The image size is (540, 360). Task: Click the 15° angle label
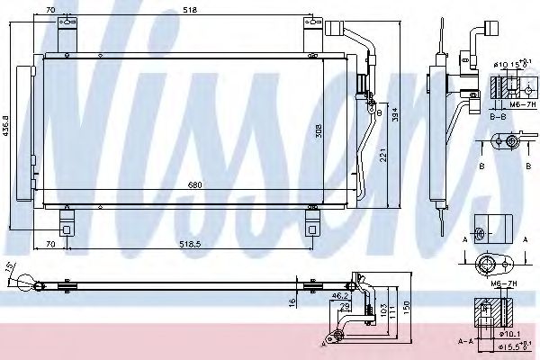(x=10, y=267)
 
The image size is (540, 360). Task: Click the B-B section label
(x=498, y=115)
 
